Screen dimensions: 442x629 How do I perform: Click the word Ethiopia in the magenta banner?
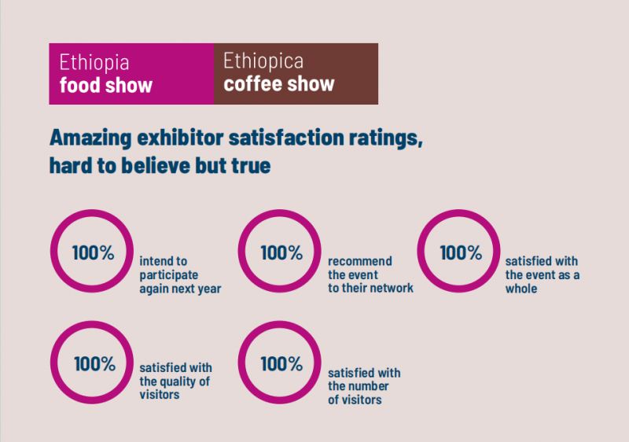94,63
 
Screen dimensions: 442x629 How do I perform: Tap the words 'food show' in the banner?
106,84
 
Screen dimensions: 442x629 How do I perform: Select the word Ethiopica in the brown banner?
263,61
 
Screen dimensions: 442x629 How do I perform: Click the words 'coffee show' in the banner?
279,83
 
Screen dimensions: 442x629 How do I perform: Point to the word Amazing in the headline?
87,138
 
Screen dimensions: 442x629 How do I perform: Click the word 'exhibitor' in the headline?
178,138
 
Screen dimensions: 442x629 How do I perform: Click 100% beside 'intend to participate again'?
94,253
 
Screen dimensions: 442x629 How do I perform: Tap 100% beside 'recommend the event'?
281,253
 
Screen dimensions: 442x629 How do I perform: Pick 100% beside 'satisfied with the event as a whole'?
461,253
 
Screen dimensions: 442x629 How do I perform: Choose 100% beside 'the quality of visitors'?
94,364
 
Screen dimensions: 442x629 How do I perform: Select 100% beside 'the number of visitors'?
281,364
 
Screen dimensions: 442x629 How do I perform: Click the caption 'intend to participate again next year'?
180,274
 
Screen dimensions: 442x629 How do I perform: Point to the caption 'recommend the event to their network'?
370,274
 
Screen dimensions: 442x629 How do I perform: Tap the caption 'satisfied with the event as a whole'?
543,274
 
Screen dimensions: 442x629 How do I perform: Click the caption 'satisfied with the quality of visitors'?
175,381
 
